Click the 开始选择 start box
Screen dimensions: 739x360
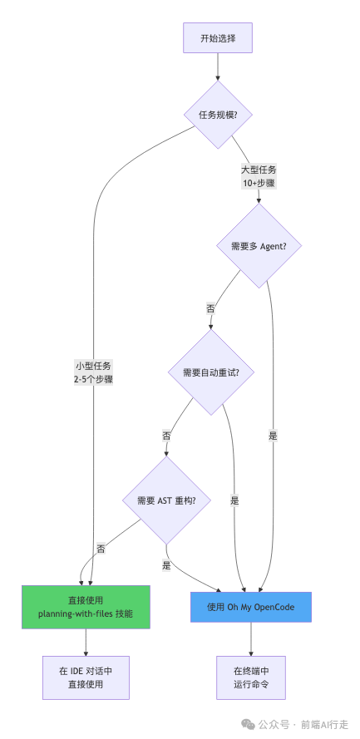(x=217, y=39)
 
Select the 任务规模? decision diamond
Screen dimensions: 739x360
(x=218, y=114)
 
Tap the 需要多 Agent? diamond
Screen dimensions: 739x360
(x=258, y=247)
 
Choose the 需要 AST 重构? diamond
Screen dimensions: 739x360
(x=166, y=500)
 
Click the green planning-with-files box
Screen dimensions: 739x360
(x=86, y=607)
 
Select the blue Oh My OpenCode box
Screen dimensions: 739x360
(x=250, y=607)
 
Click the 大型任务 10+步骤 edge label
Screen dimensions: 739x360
(x=259, y=175)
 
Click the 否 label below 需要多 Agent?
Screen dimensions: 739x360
(x=210, y=308)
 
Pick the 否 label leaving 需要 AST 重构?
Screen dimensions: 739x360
(x=101, y=549)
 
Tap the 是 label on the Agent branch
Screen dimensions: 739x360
(x=273, y=435)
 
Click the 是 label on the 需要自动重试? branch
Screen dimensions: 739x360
(x=234, y=500)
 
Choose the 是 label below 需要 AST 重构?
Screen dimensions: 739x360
(x=167, y=564)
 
